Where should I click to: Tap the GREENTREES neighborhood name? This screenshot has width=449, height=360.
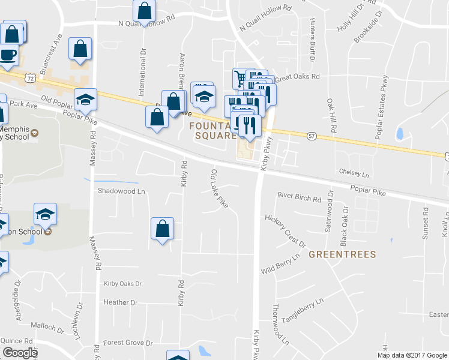pos(342,254)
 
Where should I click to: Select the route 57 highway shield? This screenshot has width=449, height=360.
pos(311,137)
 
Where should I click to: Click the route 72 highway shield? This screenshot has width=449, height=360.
pos(29,78)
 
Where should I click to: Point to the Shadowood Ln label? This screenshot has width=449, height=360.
pos(122,191)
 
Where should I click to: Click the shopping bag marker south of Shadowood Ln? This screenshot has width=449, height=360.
pos(162,229)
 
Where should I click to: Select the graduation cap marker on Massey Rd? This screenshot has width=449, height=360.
pos(85,100)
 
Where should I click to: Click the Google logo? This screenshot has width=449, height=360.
pos(19,353)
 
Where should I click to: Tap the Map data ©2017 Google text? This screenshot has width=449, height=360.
pos(412,355)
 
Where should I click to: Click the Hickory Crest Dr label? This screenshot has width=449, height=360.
pos(286,231)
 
